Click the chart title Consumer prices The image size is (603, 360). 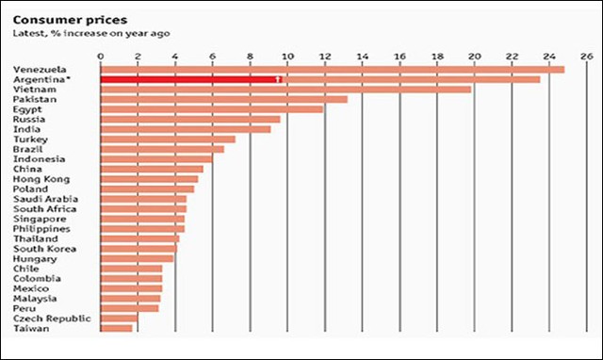(x=57, y=19)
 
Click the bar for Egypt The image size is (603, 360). (x=211, y=109)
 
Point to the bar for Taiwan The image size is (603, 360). (x=116, y=328)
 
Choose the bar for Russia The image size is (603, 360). (x=189, y=120)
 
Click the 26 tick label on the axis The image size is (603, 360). (x=585, y=56)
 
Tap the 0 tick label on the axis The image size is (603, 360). (x=100, y=56)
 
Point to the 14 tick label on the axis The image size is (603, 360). (x=362, y=56)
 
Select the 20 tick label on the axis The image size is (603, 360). (x=474, y=56)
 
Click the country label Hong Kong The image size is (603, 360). (x=40, y=179)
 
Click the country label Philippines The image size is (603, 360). (x=41, y=229)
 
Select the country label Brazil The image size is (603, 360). (x=26, y=149)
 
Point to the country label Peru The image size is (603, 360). (x=24, y=308)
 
